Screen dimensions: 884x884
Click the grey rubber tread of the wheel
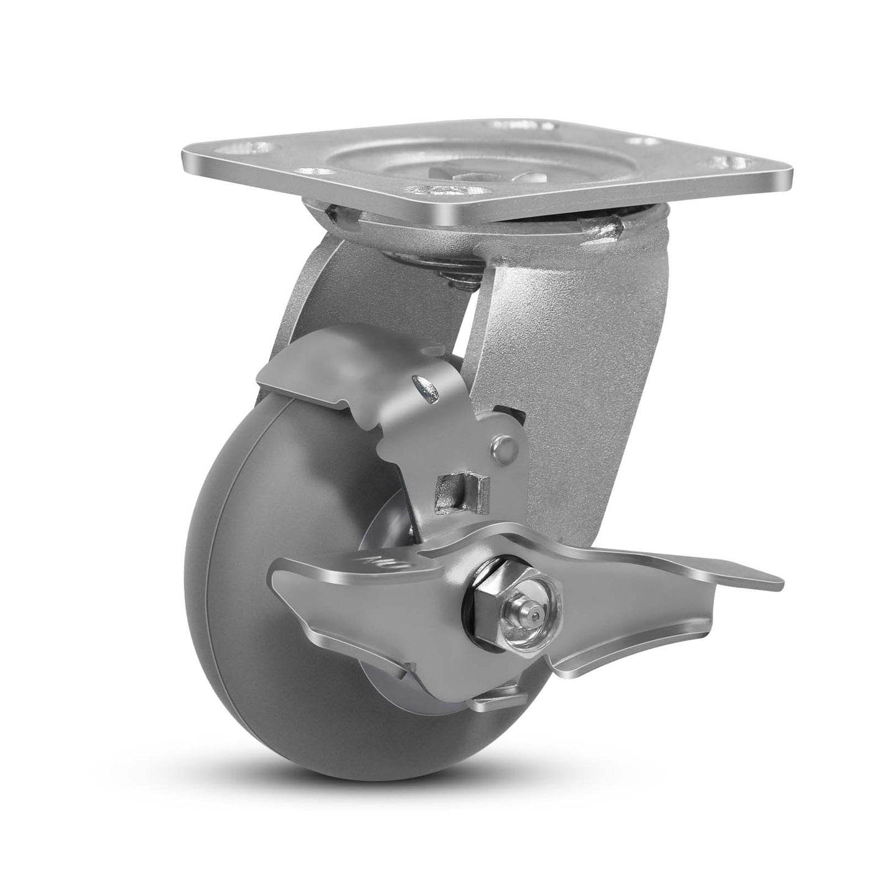[x=257, y=612]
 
